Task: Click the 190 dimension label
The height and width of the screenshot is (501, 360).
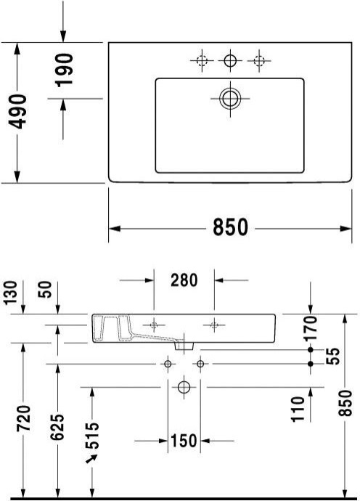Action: [65, 70]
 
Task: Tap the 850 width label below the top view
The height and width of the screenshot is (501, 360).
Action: [230, 227]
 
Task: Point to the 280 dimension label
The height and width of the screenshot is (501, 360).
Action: [184, 280]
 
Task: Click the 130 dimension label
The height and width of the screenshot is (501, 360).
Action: [9, 294]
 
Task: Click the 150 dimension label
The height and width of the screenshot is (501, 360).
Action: [184, 440]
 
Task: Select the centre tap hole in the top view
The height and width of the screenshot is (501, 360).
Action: [230, 61]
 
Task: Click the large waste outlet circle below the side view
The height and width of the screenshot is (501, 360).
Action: [184, 387]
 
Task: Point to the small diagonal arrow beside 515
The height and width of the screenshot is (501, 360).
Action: [91, 459]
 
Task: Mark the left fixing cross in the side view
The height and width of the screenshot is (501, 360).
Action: [154, 323]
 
